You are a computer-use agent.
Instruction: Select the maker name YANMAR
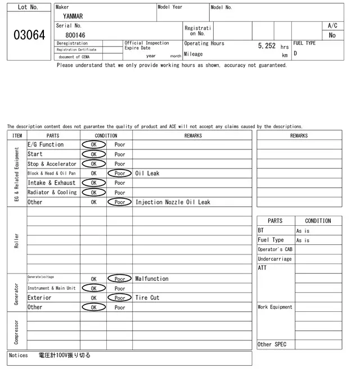click(x=73, y=16)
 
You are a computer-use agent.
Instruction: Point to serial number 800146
click(x=75, y=35)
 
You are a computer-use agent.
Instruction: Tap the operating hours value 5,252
click(x=267, y=46)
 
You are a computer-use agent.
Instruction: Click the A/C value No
click(x=332, y=35)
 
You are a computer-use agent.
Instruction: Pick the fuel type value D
click(x=295, y=53)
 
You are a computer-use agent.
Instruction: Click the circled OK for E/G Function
click(x=93, y=144)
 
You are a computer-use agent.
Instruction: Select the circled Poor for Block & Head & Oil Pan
click(x=120, y=174)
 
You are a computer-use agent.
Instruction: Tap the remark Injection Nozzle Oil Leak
click(x=173, y=202)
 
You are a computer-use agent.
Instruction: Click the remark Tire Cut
click(x=147, y=298)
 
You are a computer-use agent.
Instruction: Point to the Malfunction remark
click(x=152, y=279)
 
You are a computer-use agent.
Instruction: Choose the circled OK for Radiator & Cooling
click(x=93, y=193)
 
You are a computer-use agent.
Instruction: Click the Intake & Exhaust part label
click(x=51, y=183)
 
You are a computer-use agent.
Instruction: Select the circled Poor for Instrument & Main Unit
click(x=120, y=288)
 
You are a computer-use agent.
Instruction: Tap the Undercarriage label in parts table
click(x=274, y=259)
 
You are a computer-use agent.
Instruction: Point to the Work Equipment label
click(x=275, y=307)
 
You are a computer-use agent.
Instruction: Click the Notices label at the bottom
click(x=19, y=356)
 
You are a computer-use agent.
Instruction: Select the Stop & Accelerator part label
click(x=52, y=164)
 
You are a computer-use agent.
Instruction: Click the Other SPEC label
click(x=272, y=344)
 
